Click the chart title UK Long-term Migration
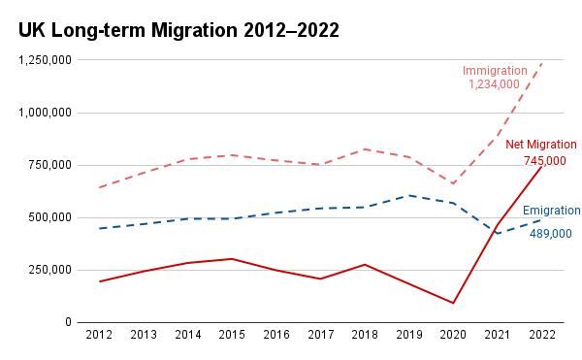pos(178,30)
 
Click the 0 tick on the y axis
pos(69,322)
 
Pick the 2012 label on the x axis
pos(99,336)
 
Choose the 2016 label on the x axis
pos(275,336)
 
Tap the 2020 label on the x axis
pos(453,336)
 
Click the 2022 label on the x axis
pos(541,336)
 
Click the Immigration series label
pos(495,71)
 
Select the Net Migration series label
pos(541,145)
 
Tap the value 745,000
pos(545,160)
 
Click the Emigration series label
pos(551,211)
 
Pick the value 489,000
pos(550,234)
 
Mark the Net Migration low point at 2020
pos(453,303)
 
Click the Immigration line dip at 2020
pos(453,183)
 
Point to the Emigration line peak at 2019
pos(408,195)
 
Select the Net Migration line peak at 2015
pos(232,259)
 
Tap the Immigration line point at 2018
pos(365,148)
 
